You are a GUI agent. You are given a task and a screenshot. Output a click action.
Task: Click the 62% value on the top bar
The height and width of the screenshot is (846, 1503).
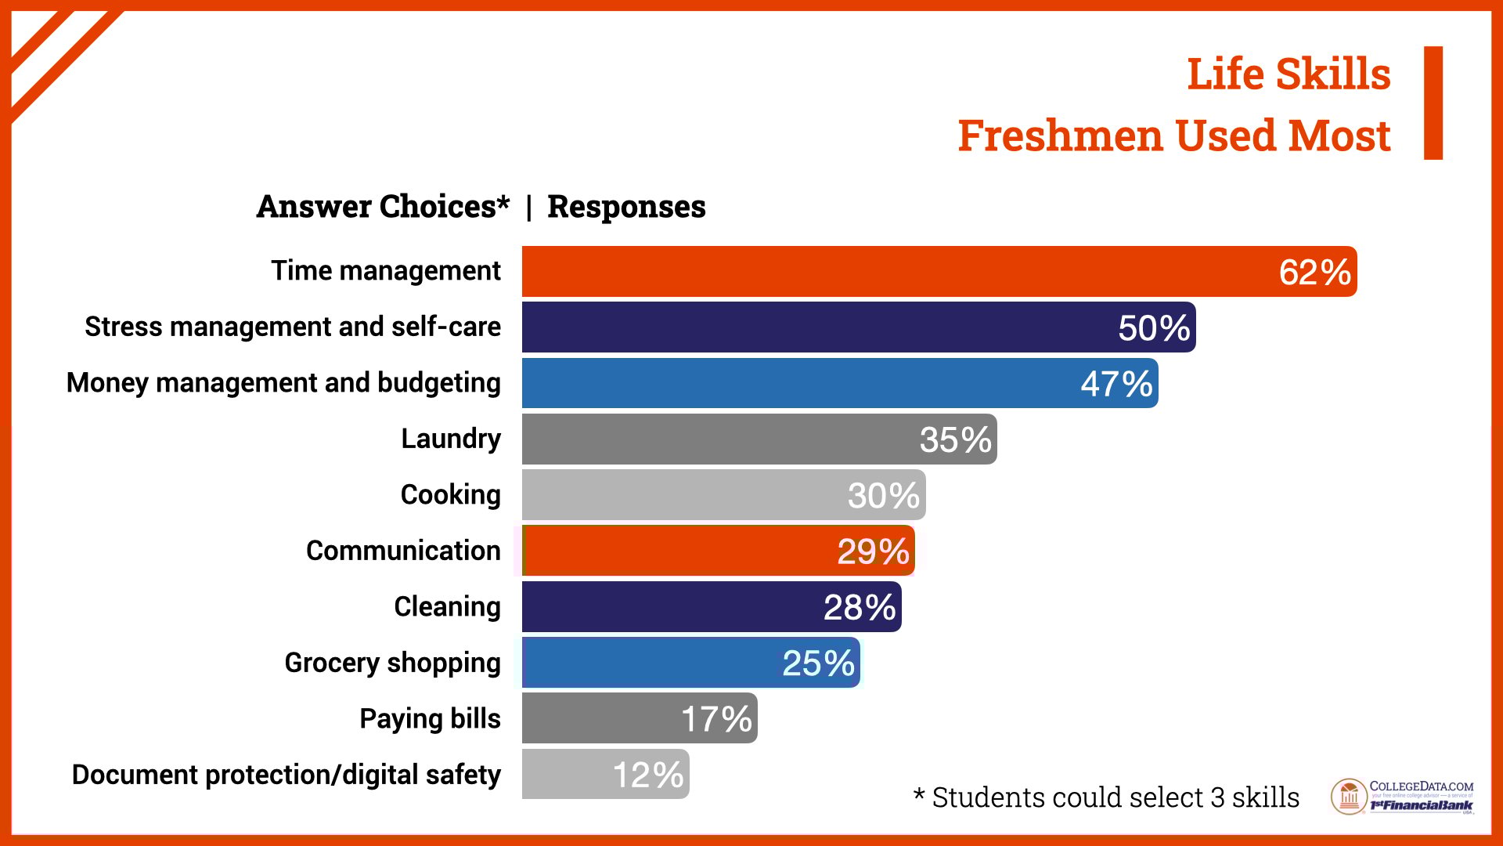tap(1314, 273)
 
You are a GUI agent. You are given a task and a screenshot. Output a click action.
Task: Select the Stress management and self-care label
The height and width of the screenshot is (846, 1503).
tap(293, 327)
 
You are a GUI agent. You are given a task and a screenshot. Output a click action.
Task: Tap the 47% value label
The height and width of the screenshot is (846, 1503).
tap(1116, 384)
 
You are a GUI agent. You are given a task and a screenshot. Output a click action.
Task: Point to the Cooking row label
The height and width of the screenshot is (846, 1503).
tap(450, 495)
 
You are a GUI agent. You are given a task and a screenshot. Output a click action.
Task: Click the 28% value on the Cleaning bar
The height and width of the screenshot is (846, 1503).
tap(860, 607)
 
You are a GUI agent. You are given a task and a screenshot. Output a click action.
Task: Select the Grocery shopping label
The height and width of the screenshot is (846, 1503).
tap(392, 663)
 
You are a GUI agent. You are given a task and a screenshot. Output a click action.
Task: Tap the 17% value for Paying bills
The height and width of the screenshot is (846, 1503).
tap(716, 719)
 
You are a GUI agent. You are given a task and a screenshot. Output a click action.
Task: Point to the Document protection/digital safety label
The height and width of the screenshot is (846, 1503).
tap(287, 775)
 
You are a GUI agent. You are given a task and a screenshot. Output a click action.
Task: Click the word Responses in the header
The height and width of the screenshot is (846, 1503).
tap(626, 207)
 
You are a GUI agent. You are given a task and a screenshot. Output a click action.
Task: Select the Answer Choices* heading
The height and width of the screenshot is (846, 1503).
tap(383, 207)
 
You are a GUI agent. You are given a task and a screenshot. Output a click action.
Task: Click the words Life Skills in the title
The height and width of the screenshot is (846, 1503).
tap(1289, 74)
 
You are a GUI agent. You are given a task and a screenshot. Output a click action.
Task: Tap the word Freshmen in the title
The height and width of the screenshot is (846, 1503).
tap(1060, 136)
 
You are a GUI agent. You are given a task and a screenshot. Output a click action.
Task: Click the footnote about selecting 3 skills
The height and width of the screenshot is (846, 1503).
tap(1106, 797)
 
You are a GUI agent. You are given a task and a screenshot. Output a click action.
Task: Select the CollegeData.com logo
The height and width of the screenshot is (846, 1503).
tap(1401, 797)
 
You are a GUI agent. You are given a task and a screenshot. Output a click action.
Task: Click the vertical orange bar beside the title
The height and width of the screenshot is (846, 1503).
tap(1433, 103)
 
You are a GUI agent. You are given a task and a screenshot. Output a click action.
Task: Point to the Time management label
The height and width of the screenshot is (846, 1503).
tap(386, 271)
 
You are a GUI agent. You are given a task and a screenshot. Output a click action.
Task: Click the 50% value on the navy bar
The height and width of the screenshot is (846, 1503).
tap(1154, 328)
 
